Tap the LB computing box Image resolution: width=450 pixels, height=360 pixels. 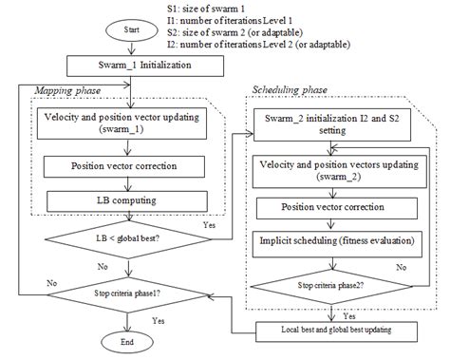tap(126, 201)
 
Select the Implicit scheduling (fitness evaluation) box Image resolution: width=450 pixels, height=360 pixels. tap(337, 243)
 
